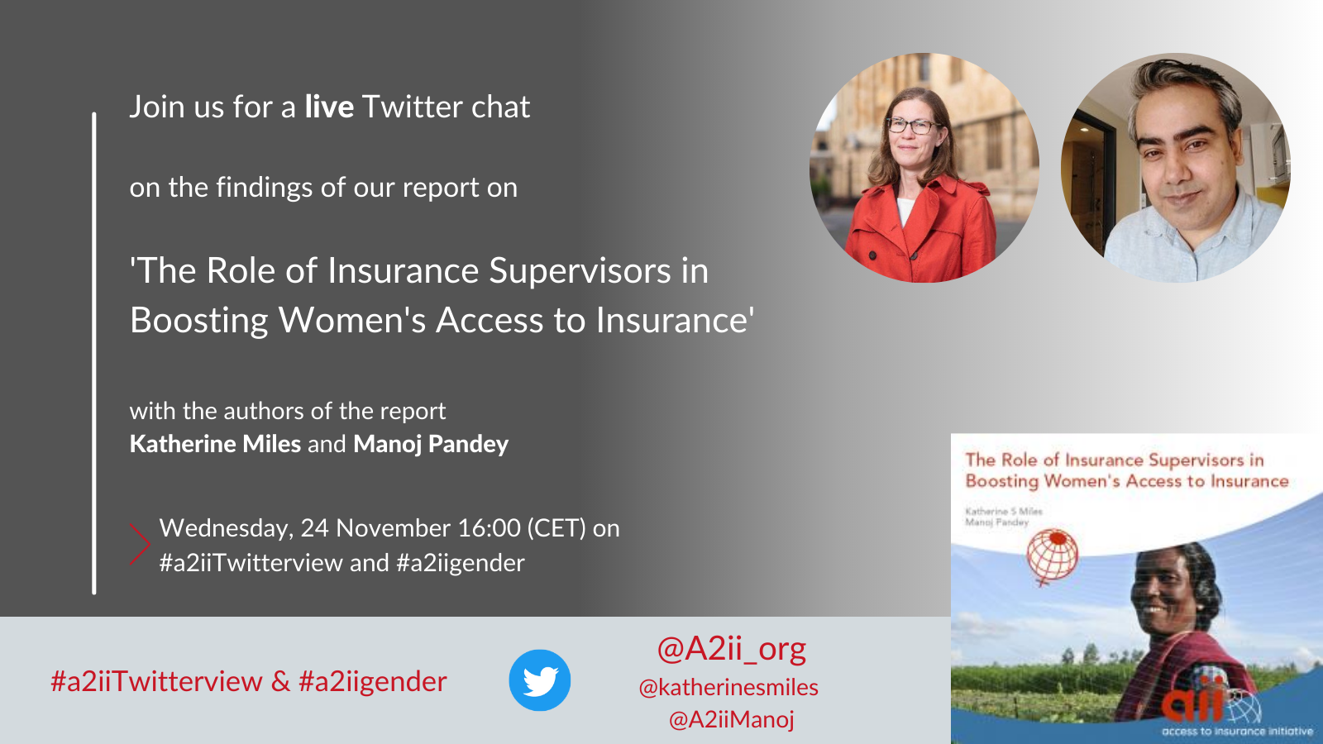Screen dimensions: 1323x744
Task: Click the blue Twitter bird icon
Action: pos(539,680)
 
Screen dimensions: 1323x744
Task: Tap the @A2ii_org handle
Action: pos(731,649)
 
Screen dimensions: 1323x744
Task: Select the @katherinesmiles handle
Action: pos(728,687)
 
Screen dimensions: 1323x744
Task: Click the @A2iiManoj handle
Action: pos(731,719)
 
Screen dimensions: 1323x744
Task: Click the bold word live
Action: pos(329,107)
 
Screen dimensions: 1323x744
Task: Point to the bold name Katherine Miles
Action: pos(215,443)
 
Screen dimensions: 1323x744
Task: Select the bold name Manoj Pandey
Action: pos(431,444)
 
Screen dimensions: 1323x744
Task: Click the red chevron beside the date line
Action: pos(140,543)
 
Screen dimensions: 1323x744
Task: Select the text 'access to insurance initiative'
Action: pos(1237,732)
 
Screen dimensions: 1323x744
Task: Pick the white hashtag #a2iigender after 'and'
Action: pos(460,563)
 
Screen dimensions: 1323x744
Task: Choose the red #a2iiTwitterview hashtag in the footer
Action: pos(156,681)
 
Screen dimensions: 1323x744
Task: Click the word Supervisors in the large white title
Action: pos(580,271)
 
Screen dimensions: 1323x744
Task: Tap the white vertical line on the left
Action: pos(94,353)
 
